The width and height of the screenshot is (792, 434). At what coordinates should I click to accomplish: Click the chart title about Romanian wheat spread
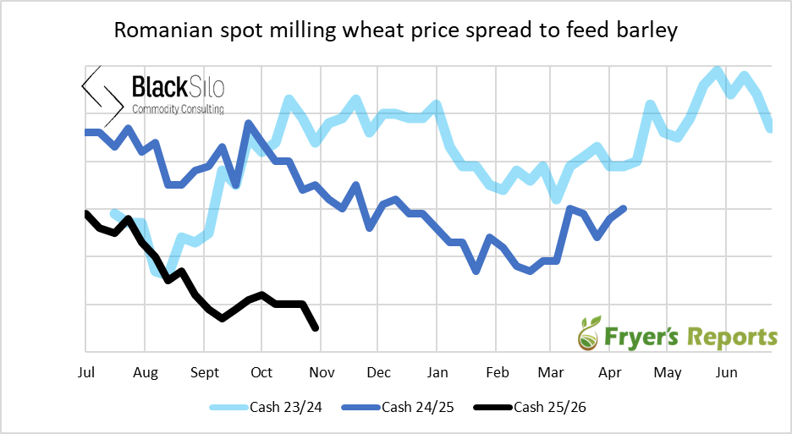click(x=396, y=32)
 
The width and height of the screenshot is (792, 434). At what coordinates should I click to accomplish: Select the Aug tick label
click(x=145, y=372)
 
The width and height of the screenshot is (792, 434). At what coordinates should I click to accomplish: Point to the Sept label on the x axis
click(x=205, y=372)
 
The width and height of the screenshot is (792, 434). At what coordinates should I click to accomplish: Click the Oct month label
click(x=261, y=372)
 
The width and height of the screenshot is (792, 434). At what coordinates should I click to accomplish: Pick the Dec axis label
click(x=378, y=372)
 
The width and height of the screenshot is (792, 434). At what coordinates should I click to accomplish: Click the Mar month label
click(x=551, y=372)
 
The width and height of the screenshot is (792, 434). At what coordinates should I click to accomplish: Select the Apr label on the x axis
click(x=610, y=372)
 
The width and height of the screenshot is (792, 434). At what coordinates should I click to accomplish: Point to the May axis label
click(x=668, y=372)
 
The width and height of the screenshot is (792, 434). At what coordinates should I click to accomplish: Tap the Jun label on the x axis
click(x=726, y=372)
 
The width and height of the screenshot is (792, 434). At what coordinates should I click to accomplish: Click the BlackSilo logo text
click(x=178, y=87)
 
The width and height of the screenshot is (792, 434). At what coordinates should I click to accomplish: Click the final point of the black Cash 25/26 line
click(x=316, y=328)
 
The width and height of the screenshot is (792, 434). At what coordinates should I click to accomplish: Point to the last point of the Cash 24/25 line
click(x=624, y=208)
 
